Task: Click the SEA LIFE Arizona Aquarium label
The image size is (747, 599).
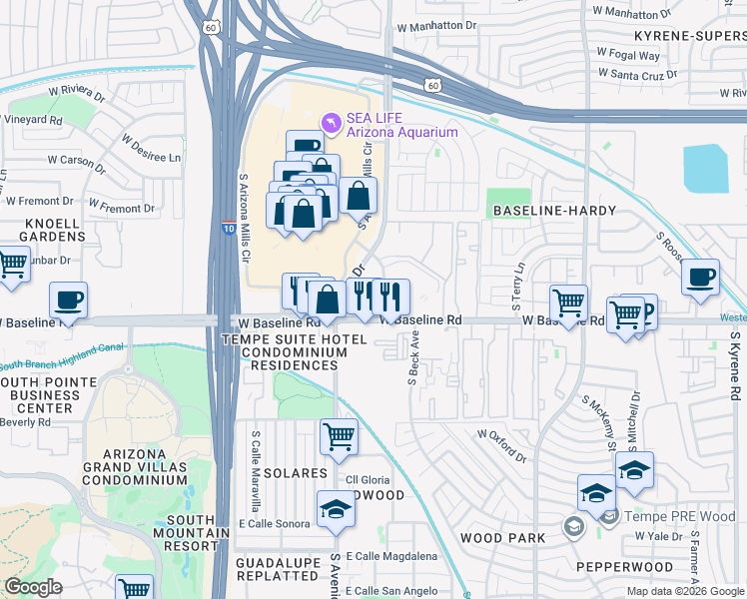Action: coord(401,125)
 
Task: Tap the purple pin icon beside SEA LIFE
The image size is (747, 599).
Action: coord(331,122)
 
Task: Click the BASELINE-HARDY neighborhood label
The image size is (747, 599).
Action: coord(551,211)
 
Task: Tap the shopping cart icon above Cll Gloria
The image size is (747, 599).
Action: coord(339,435)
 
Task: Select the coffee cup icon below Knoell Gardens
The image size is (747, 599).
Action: coord(68,299)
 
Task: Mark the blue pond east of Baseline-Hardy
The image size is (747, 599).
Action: coord(706,168)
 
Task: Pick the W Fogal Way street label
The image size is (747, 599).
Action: coord(628,55)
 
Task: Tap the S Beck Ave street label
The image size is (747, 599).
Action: coord(412,363)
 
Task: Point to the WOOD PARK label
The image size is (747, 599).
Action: coord(502,538)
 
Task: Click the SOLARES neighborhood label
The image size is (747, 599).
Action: coord(296,472)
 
